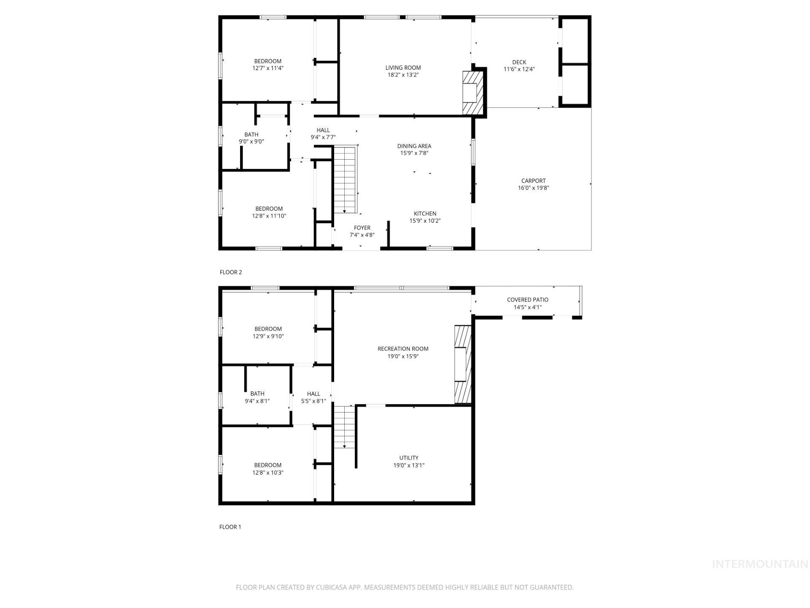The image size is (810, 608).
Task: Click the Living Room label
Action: pos(403,68)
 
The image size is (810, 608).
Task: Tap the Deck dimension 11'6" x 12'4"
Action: pos(519,69)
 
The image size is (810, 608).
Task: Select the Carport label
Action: pos(533,181)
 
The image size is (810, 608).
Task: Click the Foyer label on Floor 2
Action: pos(362,228)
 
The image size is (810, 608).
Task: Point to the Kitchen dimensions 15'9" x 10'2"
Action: pos(425,221)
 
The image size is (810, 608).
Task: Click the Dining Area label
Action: pos(414,146)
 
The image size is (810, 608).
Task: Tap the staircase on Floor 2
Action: pos(345,179)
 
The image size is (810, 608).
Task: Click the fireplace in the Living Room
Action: pos(472,93)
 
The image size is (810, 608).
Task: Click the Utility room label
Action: pos(409,458)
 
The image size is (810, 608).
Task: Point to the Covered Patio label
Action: pos(527,300)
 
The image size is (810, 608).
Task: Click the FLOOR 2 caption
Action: pos(231,272)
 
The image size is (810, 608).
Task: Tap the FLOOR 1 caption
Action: pos(230,527)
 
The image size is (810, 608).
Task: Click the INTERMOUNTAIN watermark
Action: pos(760,564)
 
